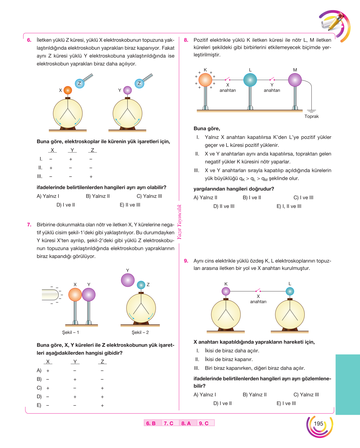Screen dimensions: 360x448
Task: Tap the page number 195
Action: click(318, 423)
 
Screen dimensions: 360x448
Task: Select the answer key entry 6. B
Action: click(151, 423)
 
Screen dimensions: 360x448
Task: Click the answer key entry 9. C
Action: click(204, 423)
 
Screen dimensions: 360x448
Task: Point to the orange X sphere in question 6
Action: click(68, 90)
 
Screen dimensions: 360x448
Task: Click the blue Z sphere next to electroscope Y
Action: click(139, 83)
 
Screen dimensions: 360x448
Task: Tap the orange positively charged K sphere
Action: click(205, 80)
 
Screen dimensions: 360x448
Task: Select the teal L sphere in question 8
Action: click(250, 80)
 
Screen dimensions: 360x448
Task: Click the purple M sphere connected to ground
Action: click(295, 80)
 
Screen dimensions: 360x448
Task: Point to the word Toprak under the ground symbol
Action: click(311, 116)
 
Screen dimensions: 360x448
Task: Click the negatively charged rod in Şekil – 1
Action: click(50, 295)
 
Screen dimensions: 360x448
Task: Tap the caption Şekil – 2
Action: click(140, 332)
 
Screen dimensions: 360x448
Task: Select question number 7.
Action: click(29, 225)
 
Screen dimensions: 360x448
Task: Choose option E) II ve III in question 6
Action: click(130, 205)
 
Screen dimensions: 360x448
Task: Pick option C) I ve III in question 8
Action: click(303, 198)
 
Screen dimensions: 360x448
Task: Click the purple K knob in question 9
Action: click(226, 291)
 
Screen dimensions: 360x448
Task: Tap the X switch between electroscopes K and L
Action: click(258, 290)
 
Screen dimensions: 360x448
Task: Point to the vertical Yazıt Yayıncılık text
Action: click(179, 222)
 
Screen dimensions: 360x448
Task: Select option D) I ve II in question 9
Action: click(222, 403)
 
